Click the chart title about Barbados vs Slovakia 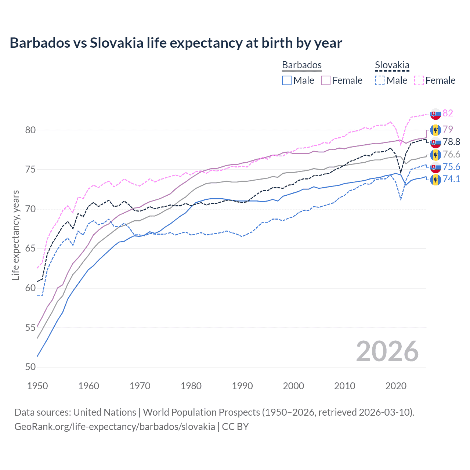(x=176, y=43)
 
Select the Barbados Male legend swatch (x=287, y=80)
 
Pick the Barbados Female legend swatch (x=326, y=80)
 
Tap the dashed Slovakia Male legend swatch (x=380, y=80)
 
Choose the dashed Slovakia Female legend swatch (x=419, y=80)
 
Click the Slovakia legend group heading (x=392, y=65)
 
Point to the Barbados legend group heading (x=301, y=65)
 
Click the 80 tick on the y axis (x=31, y=130)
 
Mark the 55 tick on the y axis (x=31, y=328)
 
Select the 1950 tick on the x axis (x=37, y=386)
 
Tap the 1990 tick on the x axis (x=242, y=386)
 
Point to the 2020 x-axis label (x=396, y=386)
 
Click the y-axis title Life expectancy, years (x=15, y=235)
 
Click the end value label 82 (x=448, y=113)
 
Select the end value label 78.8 (x=451, y=142)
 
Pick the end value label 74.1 (x=451, y=179)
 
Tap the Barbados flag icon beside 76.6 (x=435, y=155)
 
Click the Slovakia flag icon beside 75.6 (x=435, y=167)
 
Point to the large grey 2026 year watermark (x=387, y=351)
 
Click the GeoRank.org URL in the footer (x=115, y=427)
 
